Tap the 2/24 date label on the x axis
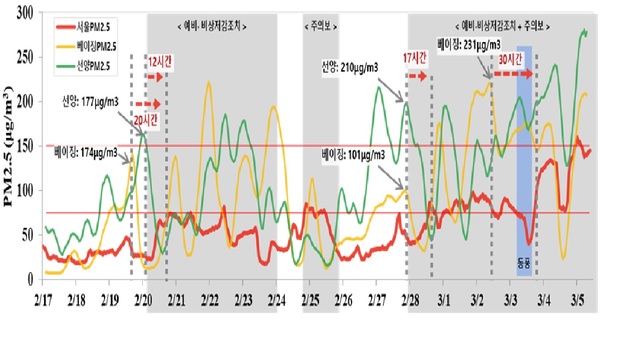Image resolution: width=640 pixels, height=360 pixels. [277, 298]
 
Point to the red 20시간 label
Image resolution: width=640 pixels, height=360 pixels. [146, 119]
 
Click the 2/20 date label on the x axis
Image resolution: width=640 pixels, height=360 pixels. [143, 298]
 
